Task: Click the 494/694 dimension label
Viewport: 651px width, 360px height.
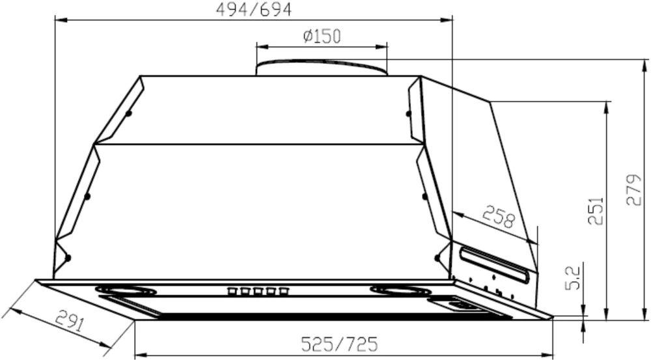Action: tap(254, 10)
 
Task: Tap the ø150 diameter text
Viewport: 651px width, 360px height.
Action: tap(322, 36)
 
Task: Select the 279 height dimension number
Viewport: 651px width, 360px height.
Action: tap(633, 189)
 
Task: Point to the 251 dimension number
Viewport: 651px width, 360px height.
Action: tap(596, 210)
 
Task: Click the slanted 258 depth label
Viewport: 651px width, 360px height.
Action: tap(499, 216)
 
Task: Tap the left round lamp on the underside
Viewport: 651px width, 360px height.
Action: tap(126, 290)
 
